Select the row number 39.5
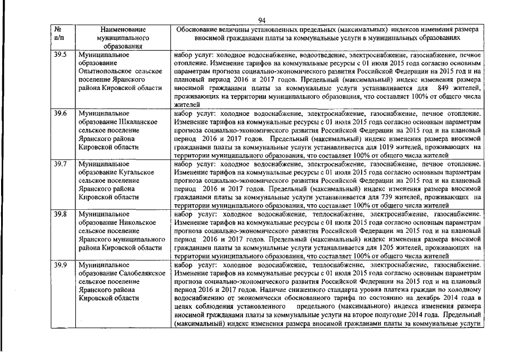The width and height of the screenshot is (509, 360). (60, 55)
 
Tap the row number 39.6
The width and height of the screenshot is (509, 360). (60, 113)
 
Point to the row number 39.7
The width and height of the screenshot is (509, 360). (60, 164)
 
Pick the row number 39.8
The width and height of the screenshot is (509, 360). (60, 214)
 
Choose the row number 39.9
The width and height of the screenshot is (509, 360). (60, 264)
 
